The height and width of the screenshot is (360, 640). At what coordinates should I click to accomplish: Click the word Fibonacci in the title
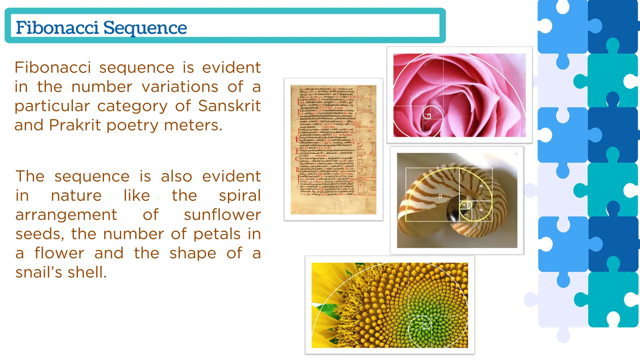click(x=57, y=27)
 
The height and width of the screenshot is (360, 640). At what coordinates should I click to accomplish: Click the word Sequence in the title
click(x=145, y=28)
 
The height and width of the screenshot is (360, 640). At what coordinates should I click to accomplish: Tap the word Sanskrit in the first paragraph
click(x=229, y=106)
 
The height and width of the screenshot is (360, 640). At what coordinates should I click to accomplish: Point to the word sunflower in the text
click(x=222, y=215)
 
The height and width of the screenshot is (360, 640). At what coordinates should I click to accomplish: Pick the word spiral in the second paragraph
click(x=240, y=196)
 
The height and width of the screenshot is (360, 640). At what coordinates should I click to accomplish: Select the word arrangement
click(x=66, y=215)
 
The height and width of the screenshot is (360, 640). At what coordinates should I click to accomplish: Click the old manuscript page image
click(x=333, y=149)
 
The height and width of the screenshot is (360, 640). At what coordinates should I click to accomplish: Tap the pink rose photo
click(x=459, y=95)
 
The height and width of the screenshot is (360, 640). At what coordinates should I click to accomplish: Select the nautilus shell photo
click(x=457, y=200)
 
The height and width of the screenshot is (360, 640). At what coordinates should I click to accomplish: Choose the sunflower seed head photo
click(x=390, y=305)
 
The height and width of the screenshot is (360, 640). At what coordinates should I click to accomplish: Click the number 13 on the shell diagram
click(x=440, y=196)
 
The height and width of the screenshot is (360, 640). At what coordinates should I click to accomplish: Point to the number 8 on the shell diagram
click(x=481, y=186)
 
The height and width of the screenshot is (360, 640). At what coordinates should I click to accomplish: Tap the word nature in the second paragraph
click(x=76, y=196)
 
